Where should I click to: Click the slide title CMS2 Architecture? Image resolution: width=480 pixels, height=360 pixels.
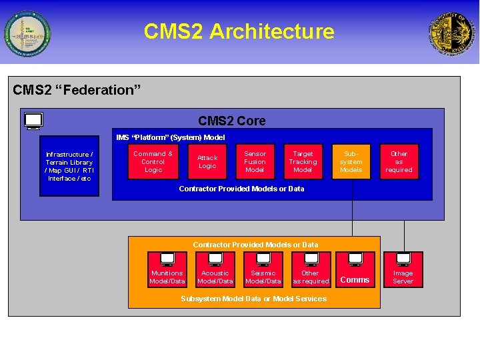[239, 31]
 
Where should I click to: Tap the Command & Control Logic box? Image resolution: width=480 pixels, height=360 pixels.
[153, 161]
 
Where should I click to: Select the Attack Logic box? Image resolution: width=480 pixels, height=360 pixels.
[207, 161]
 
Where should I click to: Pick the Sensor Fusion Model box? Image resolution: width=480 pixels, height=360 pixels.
[255, 161]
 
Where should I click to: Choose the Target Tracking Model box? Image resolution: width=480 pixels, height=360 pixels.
[303, 161]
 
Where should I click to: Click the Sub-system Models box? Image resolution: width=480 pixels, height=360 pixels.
[351, 161]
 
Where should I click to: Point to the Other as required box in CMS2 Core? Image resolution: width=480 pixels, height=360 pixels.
[399, 161]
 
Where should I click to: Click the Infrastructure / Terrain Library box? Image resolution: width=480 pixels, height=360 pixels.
[69, 166]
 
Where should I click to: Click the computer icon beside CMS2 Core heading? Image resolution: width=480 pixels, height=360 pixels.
[33, 121]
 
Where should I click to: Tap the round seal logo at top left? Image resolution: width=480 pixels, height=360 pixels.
[27, 33]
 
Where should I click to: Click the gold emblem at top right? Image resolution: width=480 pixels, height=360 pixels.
[453, 33]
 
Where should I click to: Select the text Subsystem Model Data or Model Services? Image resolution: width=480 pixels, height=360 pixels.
[254, 299]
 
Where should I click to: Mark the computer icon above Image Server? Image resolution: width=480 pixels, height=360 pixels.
[403, 259]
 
